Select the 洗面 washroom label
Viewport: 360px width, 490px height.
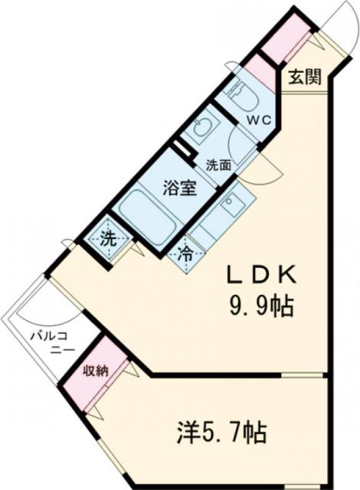pos(219,163)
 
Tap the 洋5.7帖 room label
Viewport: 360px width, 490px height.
pos(217,434)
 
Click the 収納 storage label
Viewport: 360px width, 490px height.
pos(97,371)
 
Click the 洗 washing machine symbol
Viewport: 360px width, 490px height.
pos(109,238)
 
